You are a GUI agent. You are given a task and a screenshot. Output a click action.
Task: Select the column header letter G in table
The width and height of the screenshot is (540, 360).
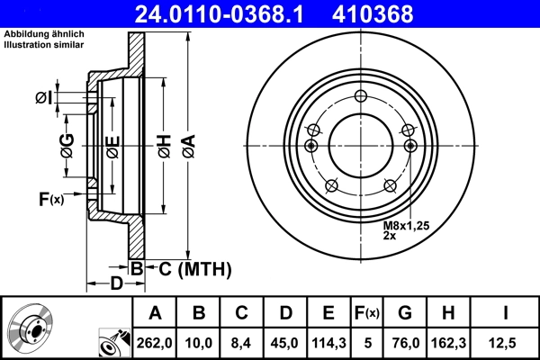tap(405, 312)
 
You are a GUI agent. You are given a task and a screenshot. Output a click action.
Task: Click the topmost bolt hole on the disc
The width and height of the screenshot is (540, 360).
tap(361, 97)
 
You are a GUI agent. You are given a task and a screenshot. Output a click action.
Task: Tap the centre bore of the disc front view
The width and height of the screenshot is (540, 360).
tap(361, 144)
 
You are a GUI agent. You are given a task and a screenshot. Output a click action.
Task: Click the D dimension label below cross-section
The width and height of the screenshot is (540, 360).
tap(115, 284)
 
